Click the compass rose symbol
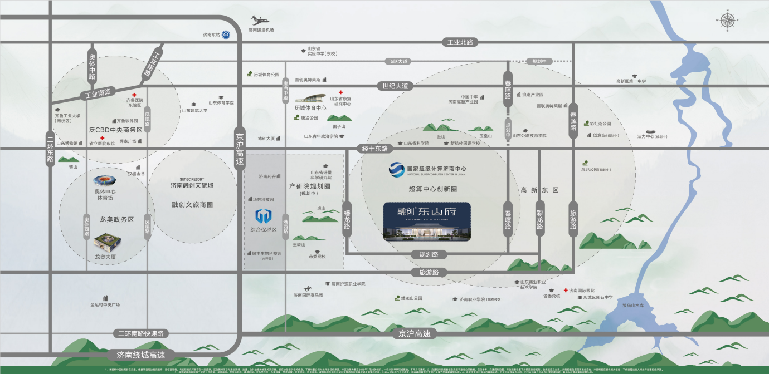coord(727,21)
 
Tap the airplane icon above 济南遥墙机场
coord(260,21)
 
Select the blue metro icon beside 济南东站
coord(226,35)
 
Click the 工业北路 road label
coord(460,42)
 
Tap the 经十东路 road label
coord(376,149)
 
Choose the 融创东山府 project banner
coord(427,222)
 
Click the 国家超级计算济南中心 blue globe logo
coord(397,169)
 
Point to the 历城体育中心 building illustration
coord(311,99)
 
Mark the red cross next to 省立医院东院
coord(103,137)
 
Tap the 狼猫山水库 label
coord(632,306)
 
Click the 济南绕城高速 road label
coord(141,355)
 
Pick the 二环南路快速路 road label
coord(141,333)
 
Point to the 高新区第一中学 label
coord(631,81)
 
